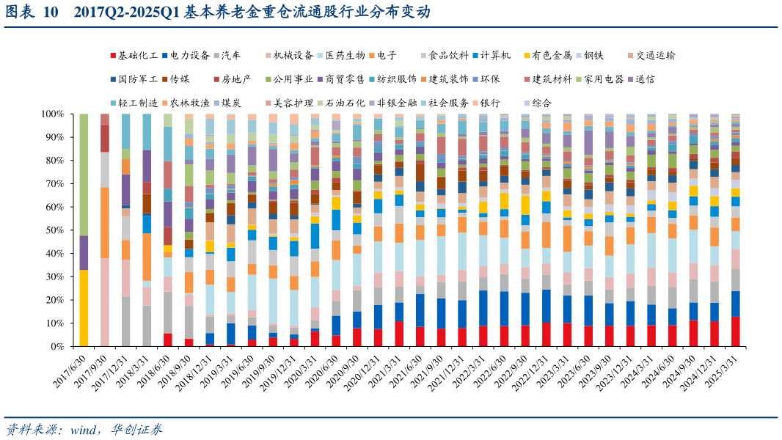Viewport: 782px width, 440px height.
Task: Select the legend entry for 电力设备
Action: click(189, 55)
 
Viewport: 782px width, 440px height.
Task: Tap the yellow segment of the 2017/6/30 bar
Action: click(84, 308)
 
